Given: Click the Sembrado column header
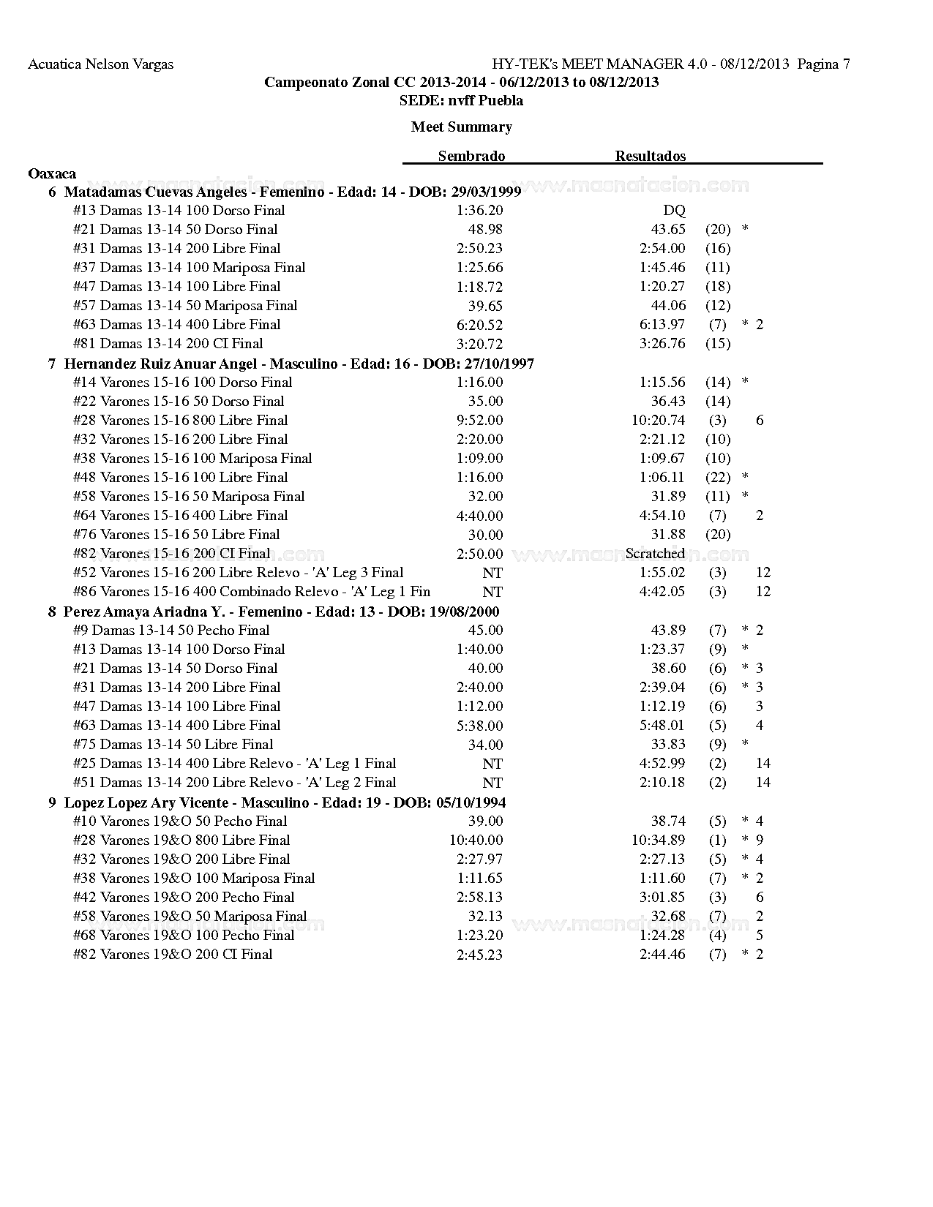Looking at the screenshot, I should pyautogui.click(x=471, y=156).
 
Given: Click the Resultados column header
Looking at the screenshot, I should pyautogui.click(x=650, y=156).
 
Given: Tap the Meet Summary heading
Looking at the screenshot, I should pyautogui.click(x=461, y=127).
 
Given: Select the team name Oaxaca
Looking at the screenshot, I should pyautogui.click(x=51, y=173).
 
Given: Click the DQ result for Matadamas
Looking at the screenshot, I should pyautogui.click(x=674, y=211).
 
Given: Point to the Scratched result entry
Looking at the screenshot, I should pyautogui.click(x=655, y=554).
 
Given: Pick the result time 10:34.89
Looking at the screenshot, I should pyautogui.click(x=659, y=841).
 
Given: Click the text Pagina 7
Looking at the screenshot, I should pyautogui.click(x=823, y=64).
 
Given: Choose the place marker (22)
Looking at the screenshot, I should pyautogui.click(x=718, y=478).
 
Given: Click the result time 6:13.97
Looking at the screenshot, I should pyautogui.click(x=662, y=325).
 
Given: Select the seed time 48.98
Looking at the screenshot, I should pyautogui.click(x=485, y=230).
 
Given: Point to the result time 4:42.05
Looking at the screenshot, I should pyautogui.click(x=662, y=592).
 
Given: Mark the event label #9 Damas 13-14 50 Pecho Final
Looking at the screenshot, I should pyautogui.click(x=171, y=631).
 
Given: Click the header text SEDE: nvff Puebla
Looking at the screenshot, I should pyautogui.click(x=461, y=100).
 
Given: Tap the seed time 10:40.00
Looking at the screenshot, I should pyautogui.click(x=476, y=841).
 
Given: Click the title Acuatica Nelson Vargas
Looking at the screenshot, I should pyautogui.click(x=100, y=64).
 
